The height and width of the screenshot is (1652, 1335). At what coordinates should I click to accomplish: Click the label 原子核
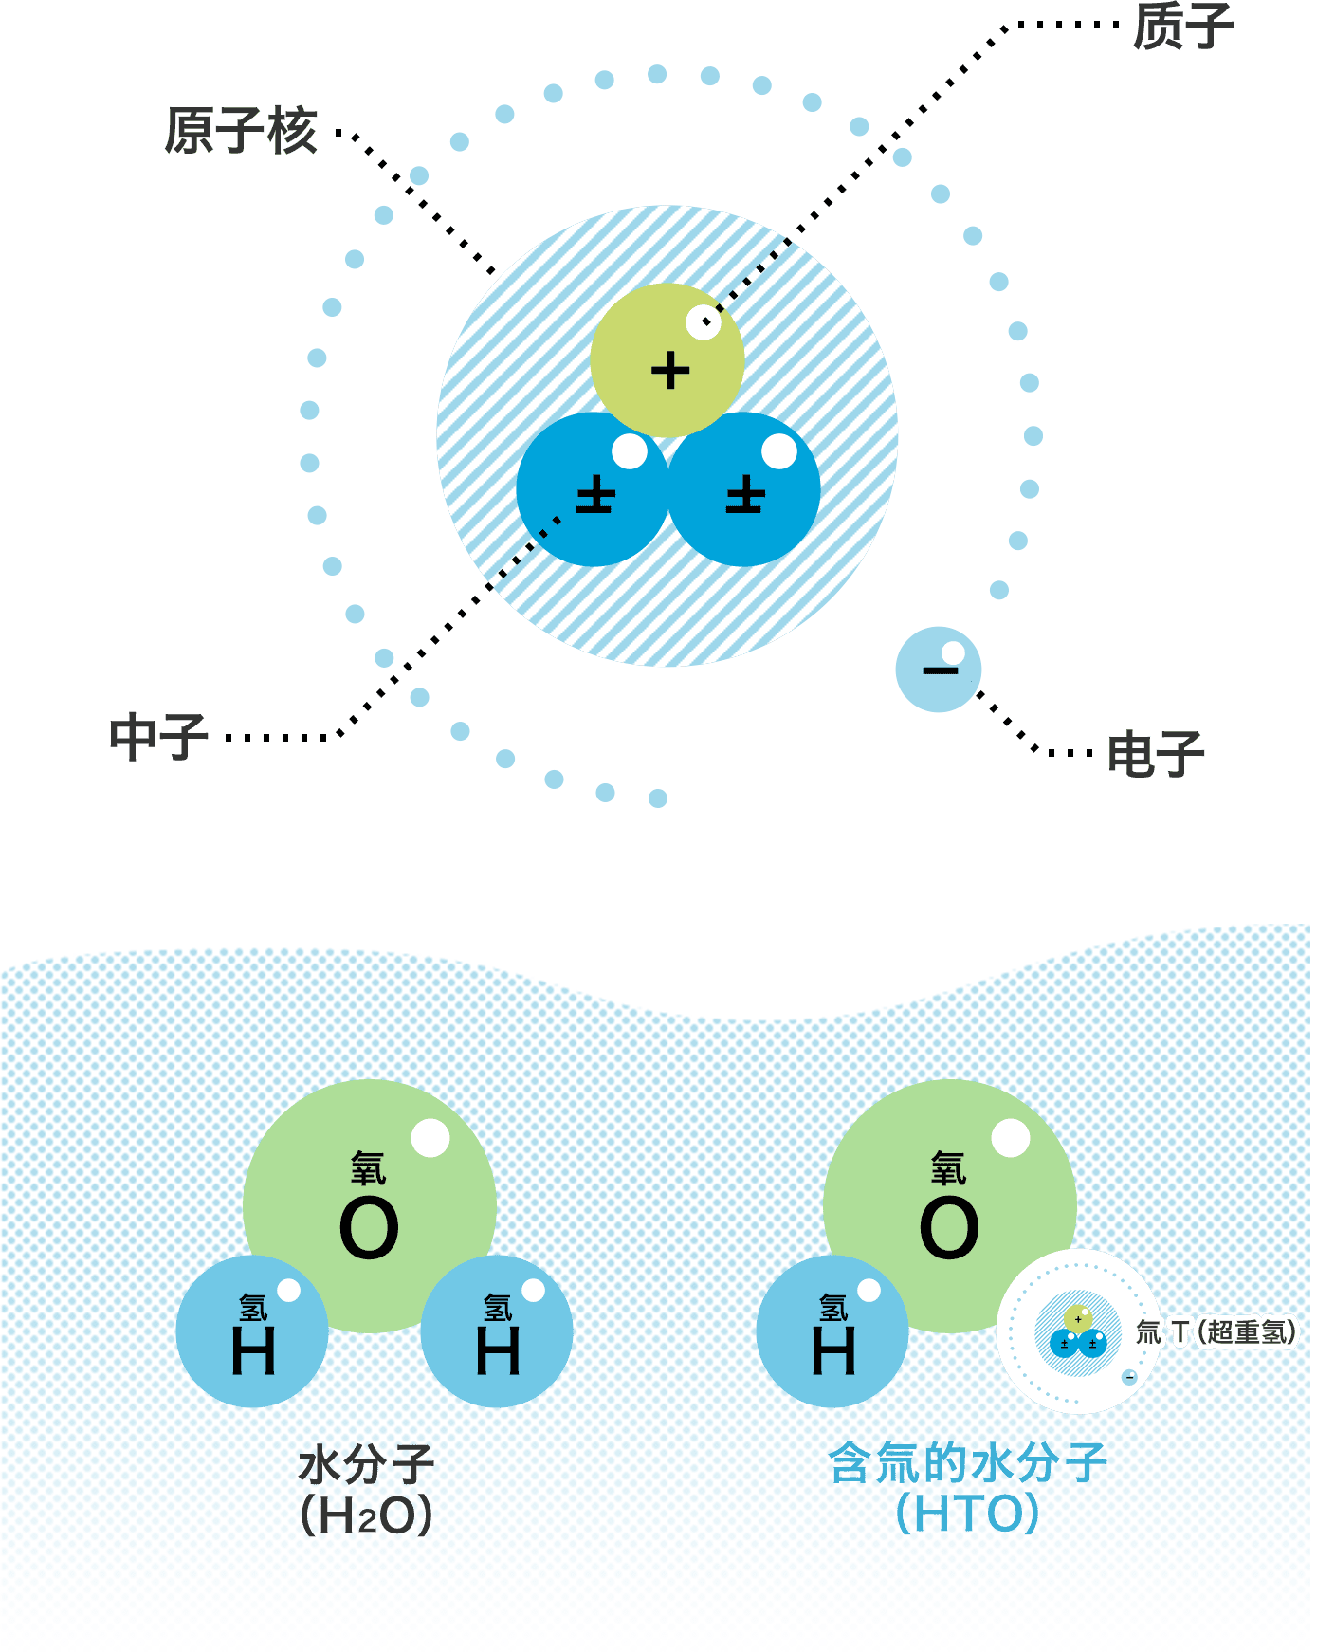240,130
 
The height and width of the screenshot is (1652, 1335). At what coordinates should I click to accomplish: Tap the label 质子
1182,26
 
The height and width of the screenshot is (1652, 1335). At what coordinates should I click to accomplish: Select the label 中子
158,737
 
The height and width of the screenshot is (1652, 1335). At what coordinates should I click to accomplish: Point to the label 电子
1155,754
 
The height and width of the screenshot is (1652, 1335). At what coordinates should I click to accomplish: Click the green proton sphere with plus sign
667,360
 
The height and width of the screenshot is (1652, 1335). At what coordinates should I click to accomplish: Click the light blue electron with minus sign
938,670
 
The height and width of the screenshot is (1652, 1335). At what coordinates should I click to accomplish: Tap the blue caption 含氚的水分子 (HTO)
966,1489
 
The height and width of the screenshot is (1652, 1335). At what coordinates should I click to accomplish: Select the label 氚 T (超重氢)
1216,1332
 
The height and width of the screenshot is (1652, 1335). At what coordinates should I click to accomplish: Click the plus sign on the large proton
670,371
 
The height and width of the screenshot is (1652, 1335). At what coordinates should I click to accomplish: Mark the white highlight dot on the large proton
704,322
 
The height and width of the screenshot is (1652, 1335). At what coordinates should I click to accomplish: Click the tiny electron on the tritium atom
1128,1377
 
